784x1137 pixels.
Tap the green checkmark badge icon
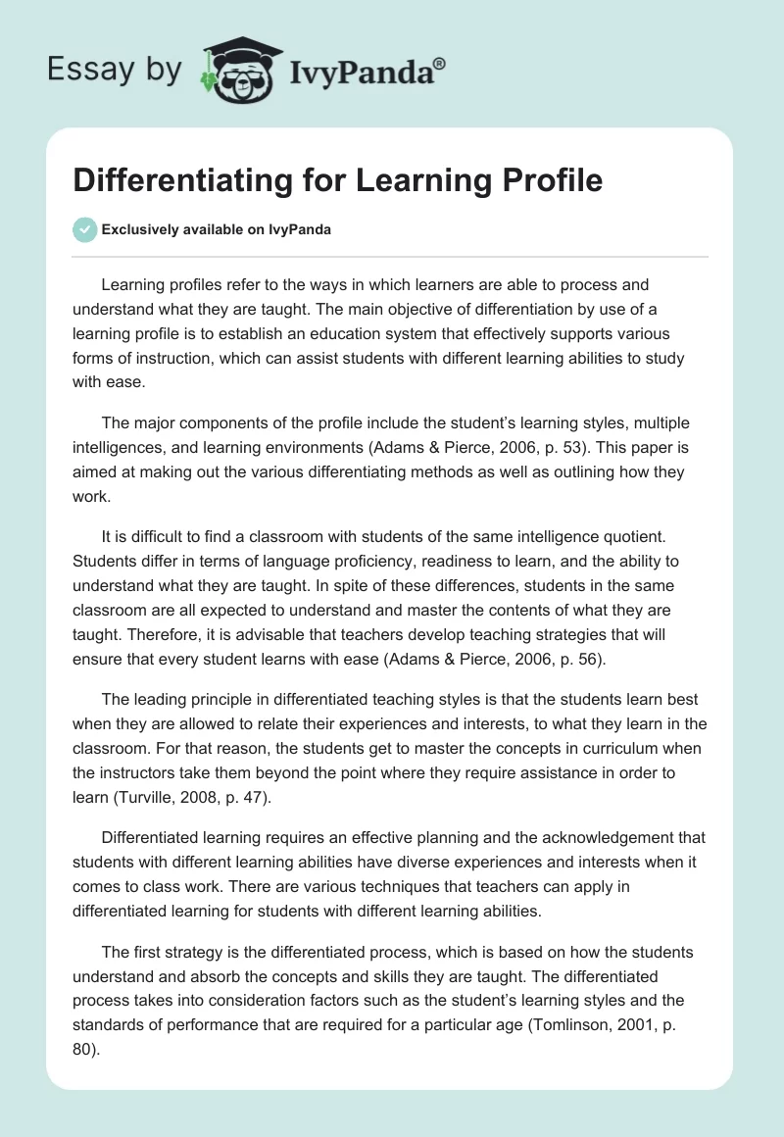(x=84, y=229)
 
